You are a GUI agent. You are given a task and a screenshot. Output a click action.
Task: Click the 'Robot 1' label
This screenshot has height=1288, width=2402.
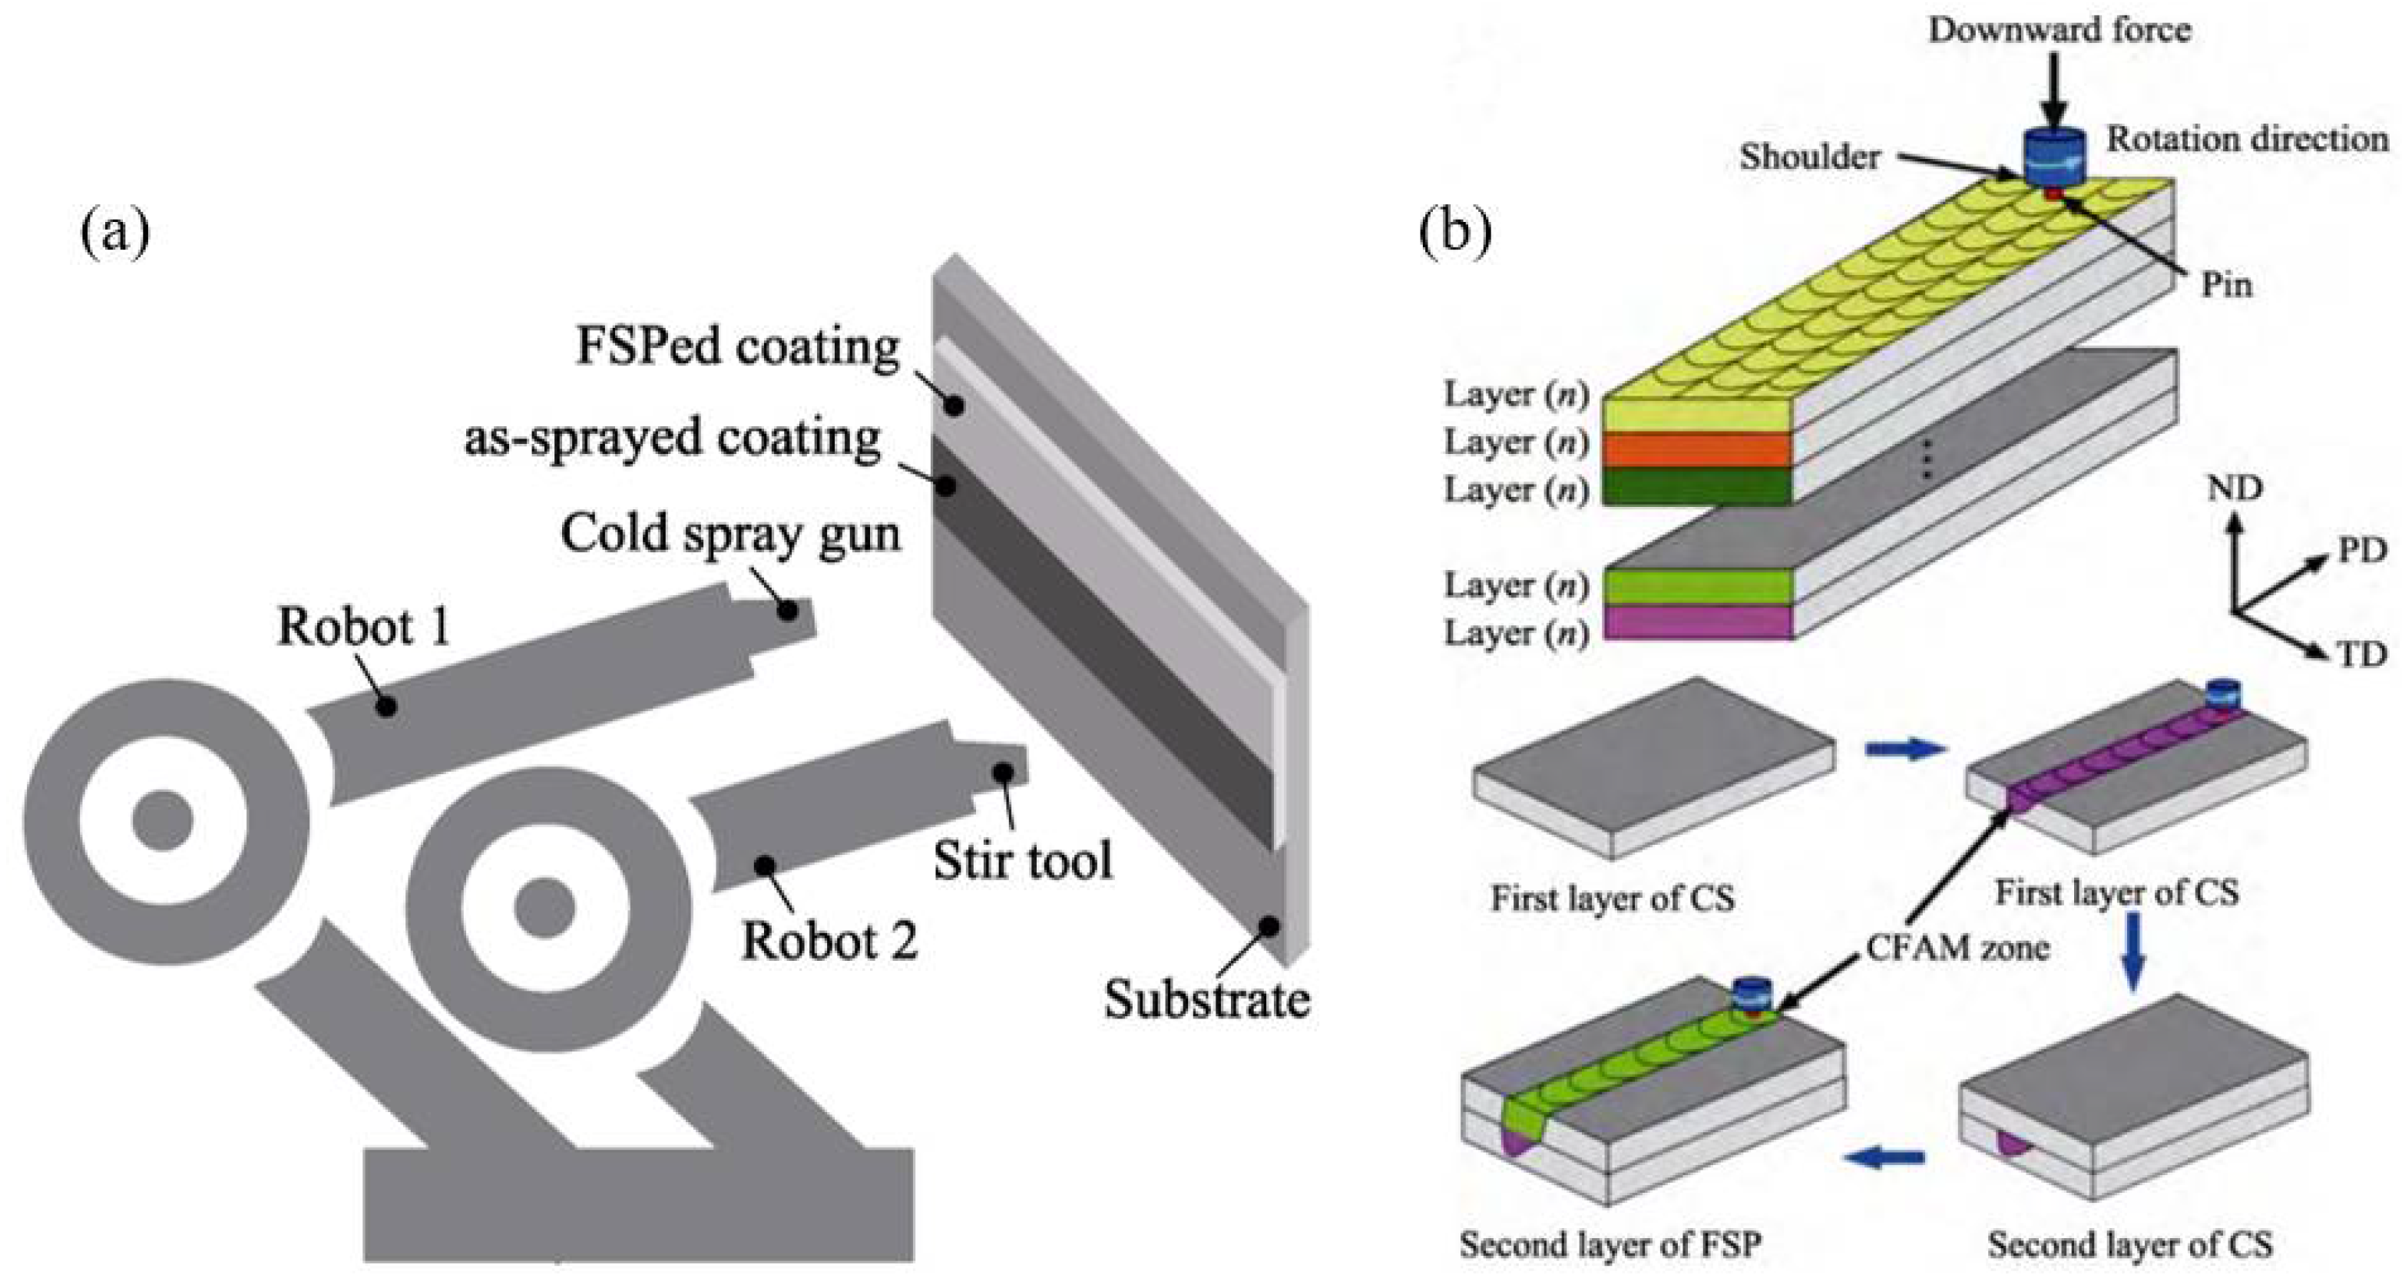[364, 627]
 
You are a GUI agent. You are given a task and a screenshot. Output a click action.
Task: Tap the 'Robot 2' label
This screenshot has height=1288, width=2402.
[829, 941]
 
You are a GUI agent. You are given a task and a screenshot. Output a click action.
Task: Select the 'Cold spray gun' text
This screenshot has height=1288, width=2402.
[730, 535]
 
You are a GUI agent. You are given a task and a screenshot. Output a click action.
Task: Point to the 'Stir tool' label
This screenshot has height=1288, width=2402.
[1023, 860]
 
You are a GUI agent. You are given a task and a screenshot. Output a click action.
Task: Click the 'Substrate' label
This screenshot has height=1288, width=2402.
[1206, 1000]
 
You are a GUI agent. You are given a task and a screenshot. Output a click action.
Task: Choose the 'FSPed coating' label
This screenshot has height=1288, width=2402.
[737, 347]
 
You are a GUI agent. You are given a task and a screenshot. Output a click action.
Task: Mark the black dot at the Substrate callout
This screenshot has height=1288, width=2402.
[1268, 926]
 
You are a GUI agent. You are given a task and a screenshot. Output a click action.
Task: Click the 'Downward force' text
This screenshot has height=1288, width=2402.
[2059, 30]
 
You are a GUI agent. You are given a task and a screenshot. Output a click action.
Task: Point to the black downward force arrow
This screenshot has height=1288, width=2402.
[2054, 98]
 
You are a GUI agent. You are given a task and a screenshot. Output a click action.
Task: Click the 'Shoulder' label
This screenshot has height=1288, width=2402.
[1809, 157]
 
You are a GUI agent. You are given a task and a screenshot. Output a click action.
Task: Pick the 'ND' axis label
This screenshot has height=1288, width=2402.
[2234, 488]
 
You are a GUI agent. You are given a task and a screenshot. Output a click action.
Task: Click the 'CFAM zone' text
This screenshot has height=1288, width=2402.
[1957, 948]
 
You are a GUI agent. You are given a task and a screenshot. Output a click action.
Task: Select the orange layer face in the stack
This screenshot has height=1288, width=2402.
[1697, 449]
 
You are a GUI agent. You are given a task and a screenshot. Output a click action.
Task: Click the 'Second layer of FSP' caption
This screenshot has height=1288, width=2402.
[1610, 1244]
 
